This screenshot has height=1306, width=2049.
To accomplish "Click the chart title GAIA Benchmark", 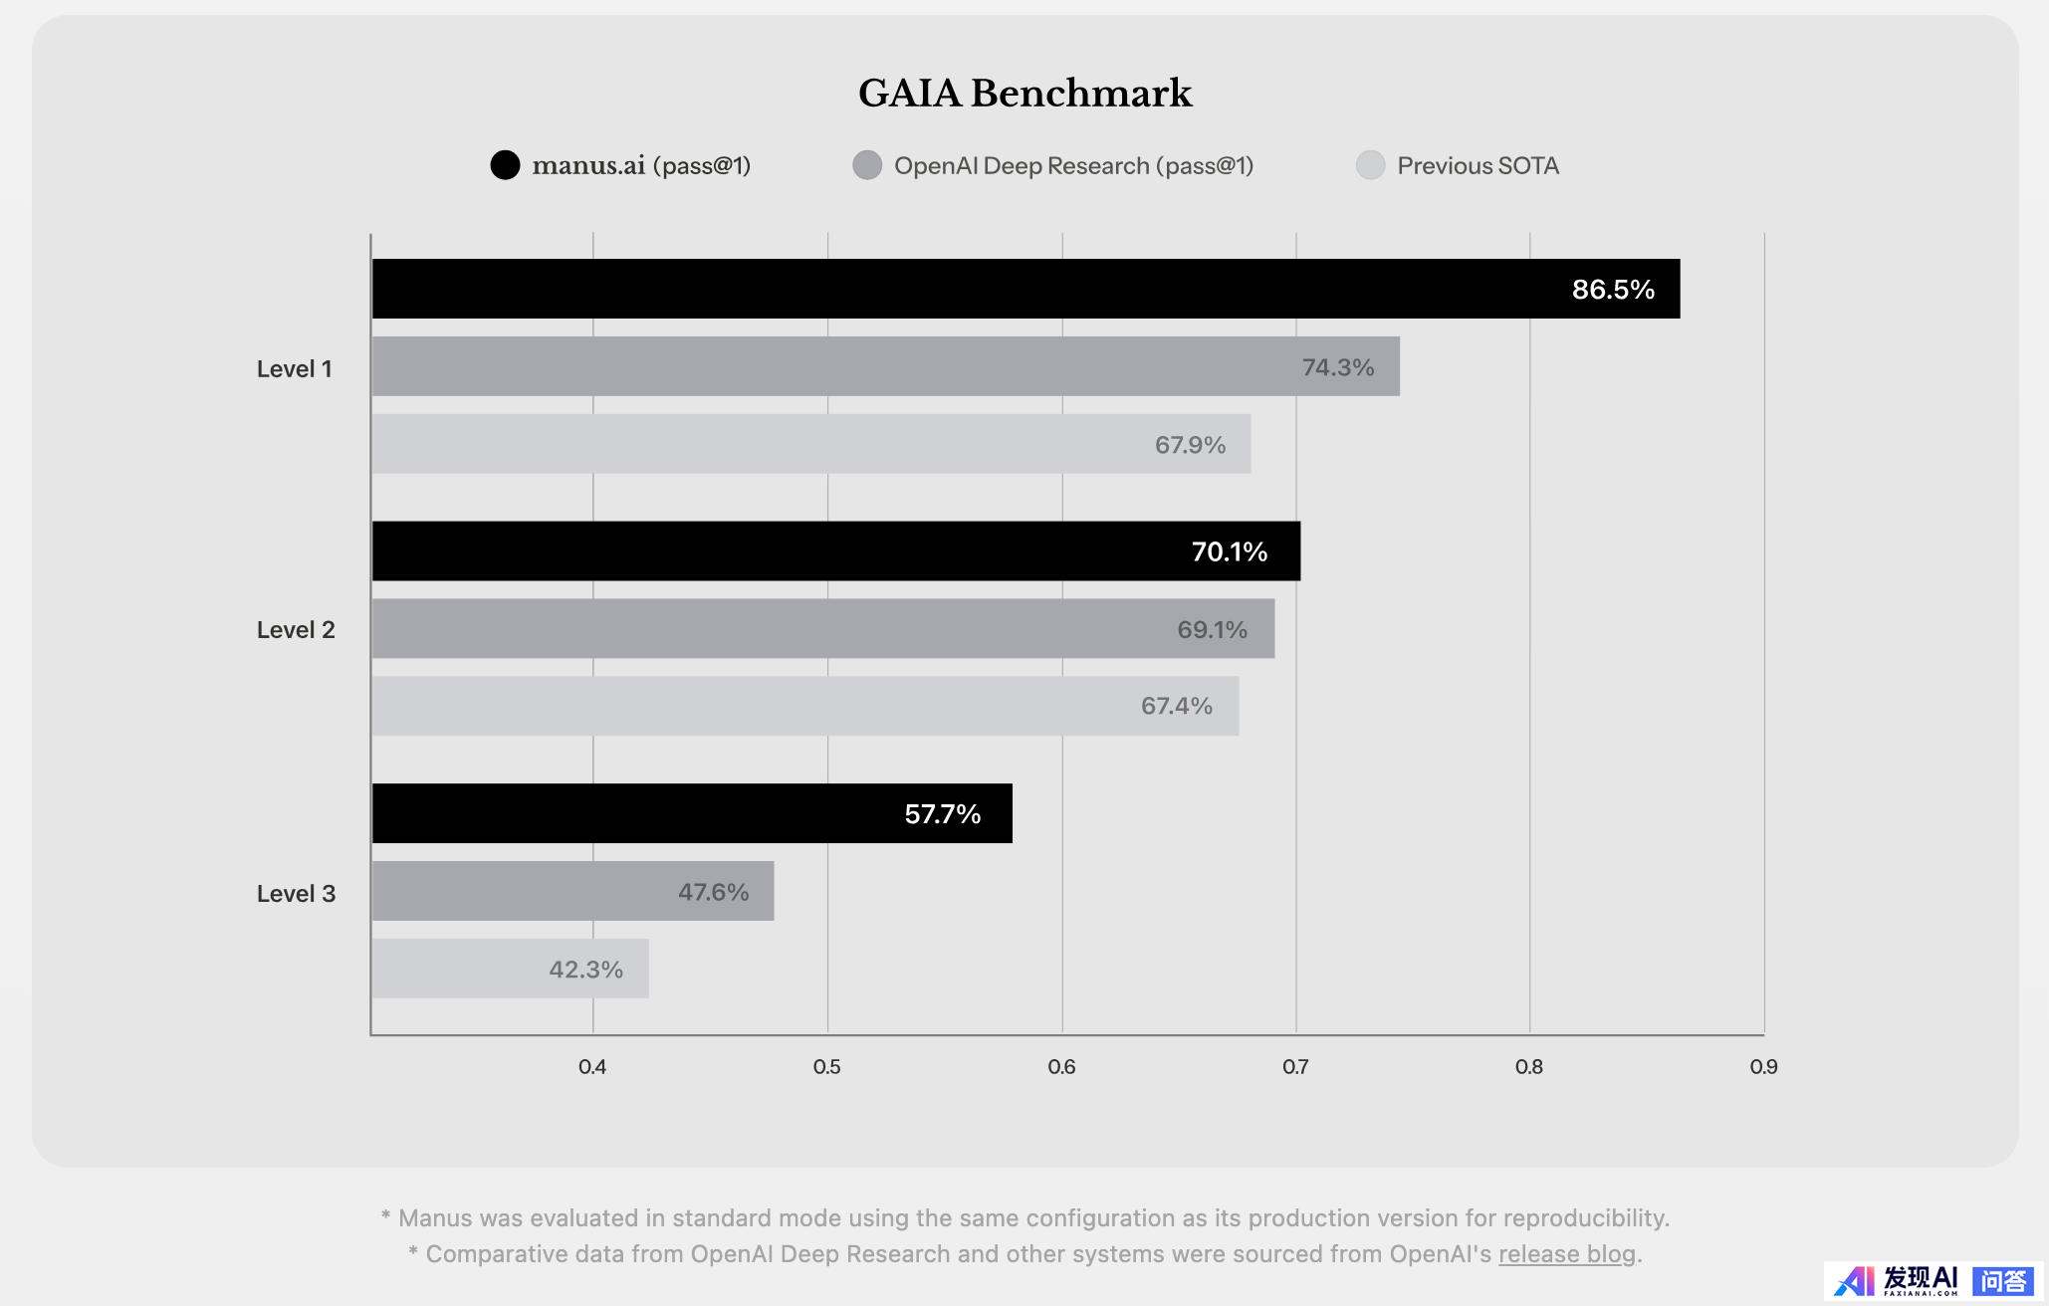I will [1024, 94].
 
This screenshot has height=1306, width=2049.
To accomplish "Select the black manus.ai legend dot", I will [505, 165].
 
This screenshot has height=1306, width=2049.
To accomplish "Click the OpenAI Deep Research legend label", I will [1073, 165].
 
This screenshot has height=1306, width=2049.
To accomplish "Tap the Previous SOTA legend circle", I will [1370, 165].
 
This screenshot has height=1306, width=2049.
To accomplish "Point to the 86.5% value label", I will [1613, 290].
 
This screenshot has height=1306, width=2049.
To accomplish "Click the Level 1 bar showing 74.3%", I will [885, 366].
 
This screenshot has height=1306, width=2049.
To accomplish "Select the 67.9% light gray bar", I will [810, 444].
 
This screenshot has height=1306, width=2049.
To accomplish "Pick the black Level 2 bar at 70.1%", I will [835, 551].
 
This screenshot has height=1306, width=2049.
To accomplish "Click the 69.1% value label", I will [1212, 629].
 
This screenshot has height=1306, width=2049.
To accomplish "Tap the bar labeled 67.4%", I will [804, 706].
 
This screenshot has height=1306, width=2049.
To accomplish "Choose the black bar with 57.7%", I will [692, 813].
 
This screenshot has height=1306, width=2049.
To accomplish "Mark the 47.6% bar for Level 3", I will [572, 891].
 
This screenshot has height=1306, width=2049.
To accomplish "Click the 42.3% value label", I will [585, 970].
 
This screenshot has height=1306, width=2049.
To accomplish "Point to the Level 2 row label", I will [296, 630].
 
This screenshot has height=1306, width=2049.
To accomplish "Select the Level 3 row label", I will [296, 894].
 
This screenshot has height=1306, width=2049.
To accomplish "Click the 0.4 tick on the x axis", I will [592, 1067].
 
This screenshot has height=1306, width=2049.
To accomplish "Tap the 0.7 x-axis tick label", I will [1295, 1067].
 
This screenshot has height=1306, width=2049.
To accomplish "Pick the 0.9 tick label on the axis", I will [1763, 1067].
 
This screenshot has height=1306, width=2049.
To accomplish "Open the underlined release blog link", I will [1567, 1254].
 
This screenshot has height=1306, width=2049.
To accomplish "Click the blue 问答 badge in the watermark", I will [2003, 1281].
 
